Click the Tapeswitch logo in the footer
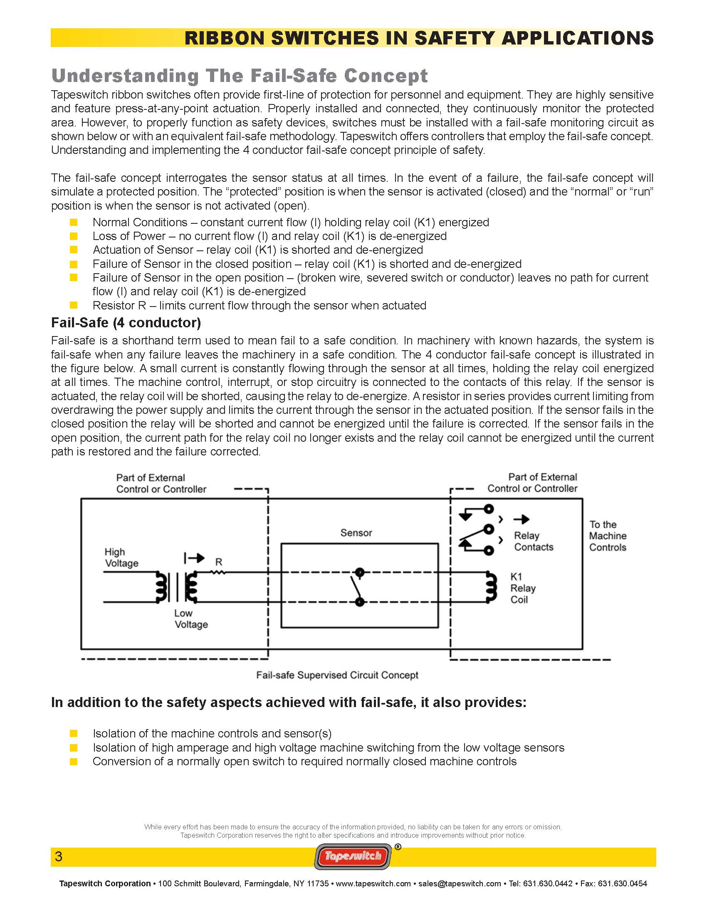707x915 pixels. [x=353, y=856]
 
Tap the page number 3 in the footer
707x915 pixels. [x=59, y=856]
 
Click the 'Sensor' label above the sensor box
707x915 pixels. [x=356, y=533]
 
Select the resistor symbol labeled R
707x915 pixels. [x=219, y=572]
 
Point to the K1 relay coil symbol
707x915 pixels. [x=490, y=587]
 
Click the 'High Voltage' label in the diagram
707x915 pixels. [x=121, y=558]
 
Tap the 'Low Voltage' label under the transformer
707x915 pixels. [x=190, y=619]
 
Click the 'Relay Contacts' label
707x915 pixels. [x=533, y=541]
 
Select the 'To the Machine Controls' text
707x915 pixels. [x=607, y=536]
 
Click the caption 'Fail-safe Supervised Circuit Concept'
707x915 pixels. [x=337, y=675]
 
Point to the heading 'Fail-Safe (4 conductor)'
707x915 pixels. [x=126, y=323]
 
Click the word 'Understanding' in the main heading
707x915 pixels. [x=125, y=76]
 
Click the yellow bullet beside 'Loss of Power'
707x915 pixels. [x=74, y=236]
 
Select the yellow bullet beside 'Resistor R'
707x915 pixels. [x=74, y=305]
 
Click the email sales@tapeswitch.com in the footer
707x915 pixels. [x=460, y=883]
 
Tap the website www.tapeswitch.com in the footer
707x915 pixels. [x=373, y=883]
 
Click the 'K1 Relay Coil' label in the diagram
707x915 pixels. [x=522, y=588]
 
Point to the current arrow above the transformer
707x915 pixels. [x=195, y=558]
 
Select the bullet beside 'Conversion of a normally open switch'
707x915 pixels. [x=74, y=761]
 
